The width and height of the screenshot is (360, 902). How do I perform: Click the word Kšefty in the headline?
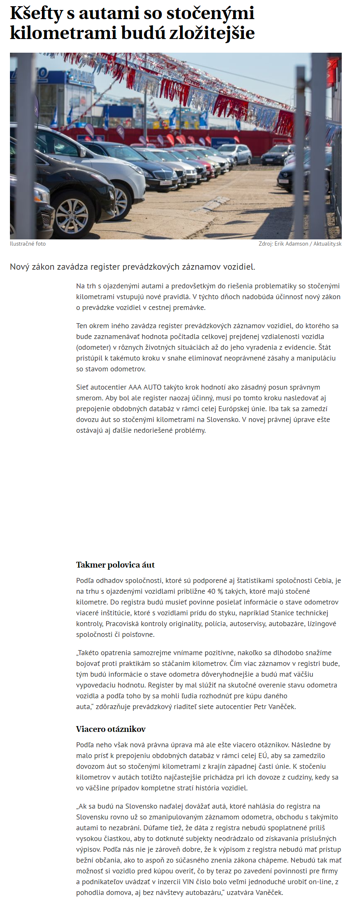[36, 13]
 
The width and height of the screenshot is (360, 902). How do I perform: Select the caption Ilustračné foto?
[28, 244]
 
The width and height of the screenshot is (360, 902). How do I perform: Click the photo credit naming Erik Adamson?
[300, 244]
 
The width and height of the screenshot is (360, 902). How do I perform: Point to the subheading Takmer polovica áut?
[115, 565]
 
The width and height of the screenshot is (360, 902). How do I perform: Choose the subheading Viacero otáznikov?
[111, 729]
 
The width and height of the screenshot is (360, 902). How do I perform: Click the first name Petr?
[261, 707]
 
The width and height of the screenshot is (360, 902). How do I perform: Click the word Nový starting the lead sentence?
[19, 267]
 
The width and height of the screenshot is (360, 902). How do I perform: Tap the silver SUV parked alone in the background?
[236, 154]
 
